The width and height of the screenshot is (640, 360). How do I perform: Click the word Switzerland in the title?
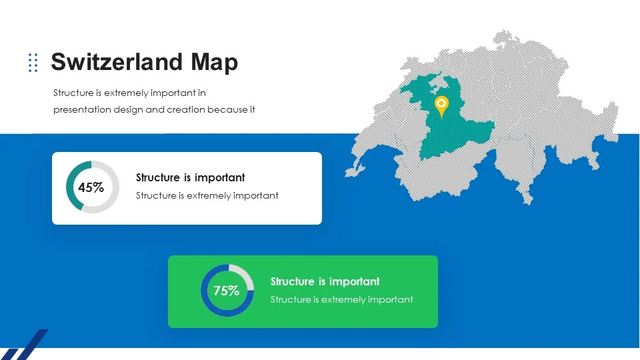tap(116, 62)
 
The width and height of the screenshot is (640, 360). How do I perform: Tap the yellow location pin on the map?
tap(441, 107)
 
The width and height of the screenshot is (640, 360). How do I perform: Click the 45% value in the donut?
tap(91, 187)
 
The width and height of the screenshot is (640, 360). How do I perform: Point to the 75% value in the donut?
tap(226, 291)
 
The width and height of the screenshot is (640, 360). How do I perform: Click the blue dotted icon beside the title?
tap(33, 63)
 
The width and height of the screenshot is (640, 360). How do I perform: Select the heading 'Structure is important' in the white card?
tap(190, 177)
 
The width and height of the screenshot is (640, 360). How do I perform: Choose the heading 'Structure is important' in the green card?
tap(325, 281)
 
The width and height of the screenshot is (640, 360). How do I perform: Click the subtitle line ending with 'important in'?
tap(129, 93)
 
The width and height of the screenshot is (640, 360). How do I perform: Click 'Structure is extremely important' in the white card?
tap(207, 196)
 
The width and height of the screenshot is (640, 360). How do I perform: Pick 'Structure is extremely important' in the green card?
tap(341, 299)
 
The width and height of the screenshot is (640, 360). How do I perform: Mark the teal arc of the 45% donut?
tap(69, 187)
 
